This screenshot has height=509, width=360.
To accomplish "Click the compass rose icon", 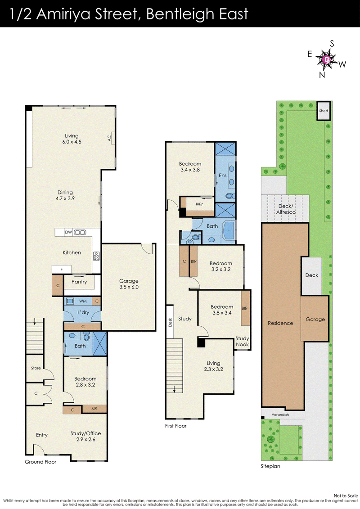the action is click(327, 59).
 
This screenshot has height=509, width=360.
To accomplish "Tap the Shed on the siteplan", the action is click(324, 111).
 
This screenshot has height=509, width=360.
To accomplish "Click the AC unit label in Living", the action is click(109, 138).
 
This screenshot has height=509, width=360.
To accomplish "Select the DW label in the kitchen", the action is click(68, 232).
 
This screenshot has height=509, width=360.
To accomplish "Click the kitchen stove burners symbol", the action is click(96, 256).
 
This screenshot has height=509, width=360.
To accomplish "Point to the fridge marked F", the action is click(62, 270).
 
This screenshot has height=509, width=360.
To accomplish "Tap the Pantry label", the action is click(79, 282).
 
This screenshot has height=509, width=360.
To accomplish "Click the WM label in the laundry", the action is click(83, 301).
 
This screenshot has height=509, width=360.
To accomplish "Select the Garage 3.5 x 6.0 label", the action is click(129, 284).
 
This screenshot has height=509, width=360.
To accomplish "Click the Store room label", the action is click(36, 368).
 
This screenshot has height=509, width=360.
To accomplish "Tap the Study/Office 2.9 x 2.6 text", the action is click(85, 436).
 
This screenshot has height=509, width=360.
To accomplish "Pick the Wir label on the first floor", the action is click(199, 204).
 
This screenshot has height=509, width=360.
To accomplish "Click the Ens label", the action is click(223, 176).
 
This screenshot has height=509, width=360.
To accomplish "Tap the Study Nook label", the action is click(242, 342).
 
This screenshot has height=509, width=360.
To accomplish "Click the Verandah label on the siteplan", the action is click(280, 414).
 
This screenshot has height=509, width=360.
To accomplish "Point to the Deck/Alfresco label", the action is click(286, 209).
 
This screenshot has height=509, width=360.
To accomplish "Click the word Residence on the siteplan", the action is click(280, 323).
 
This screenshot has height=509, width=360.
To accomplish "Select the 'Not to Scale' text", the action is click(346, 495).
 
